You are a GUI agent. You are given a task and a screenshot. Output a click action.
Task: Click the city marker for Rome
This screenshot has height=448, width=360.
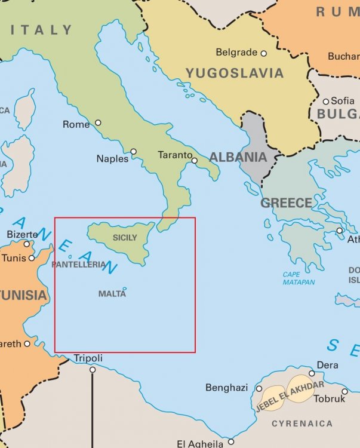tap(98, 123)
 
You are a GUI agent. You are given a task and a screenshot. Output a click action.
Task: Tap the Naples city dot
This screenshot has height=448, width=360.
tap(134, 152)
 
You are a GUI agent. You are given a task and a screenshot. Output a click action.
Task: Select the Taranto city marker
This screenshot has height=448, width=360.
tap(194, 160)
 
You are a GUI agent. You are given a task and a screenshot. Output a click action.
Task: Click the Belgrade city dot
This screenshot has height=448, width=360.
tap(263, 53)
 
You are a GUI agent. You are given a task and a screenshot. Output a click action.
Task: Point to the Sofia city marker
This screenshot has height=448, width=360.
tap(326, 101)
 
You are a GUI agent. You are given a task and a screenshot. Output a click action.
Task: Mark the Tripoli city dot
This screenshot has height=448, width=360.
tap(93, 370)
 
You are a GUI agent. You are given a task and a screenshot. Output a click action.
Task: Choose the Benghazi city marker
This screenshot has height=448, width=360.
tap(259, 388)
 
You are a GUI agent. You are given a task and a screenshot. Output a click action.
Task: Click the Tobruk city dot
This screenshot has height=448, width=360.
tap(344, 391)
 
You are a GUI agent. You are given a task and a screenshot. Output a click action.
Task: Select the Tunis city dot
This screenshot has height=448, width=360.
tap(32, 258)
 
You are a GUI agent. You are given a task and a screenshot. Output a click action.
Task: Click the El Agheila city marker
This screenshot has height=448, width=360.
tap(231, 442)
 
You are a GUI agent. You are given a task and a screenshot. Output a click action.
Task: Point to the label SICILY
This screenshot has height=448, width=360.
tap(124, 238)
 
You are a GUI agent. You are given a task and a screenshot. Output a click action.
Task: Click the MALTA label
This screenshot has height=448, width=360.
tap(112, 294)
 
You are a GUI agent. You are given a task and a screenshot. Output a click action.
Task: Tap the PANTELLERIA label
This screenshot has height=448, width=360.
tap(79, 264)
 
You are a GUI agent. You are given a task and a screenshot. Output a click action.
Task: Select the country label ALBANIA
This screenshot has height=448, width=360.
tap(237, 158)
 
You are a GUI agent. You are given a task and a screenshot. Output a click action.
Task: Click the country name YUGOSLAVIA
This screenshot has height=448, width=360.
tap(234, 73)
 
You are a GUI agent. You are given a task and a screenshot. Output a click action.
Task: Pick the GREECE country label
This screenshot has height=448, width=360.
tap(286, 203)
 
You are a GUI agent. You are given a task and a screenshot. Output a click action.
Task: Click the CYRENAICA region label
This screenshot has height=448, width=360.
tap(302, 424)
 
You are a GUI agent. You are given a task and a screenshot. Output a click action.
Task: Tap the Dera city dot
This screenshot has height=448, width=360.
tap(312, 373)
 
